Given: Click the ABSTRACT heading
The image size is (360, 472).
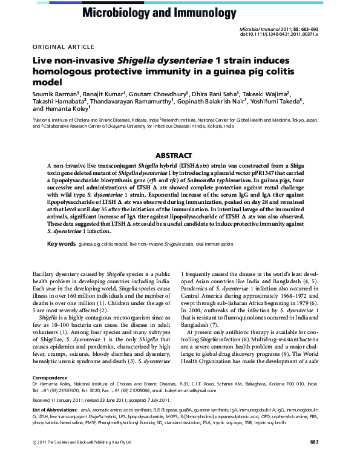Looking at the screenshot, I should [180, 156].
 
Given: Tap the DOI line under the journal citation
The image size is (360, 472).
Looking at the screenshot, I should [283, 34].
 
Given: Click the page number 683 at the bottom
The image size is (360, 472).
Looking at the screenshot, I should [314, 459].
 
